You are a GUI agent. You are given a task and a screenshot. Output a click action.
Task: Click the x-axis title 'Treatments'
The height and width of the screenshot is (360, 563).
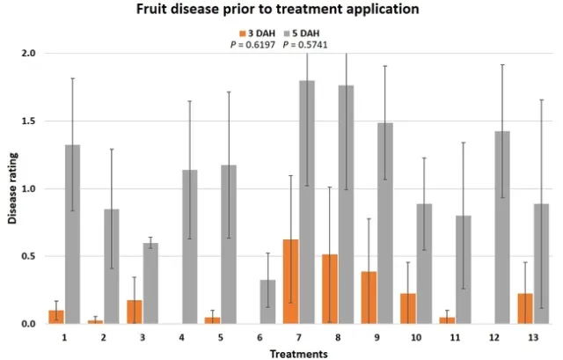pyautogui.click(x=300, y=353)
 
